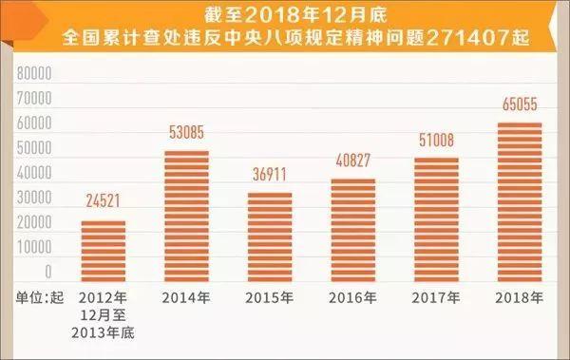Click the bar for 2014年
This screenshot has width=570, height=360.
click(185, 214)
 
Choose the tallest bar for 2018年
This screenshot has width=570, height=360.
click(518, 199)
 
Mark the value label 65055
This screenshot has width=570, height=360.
click(518, 110)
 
